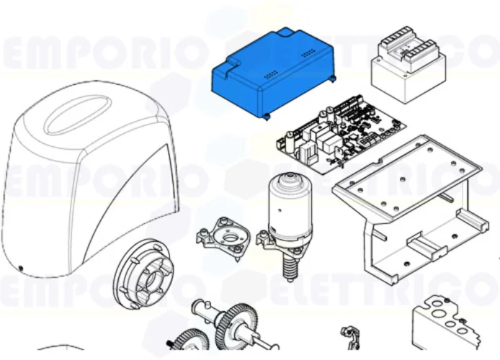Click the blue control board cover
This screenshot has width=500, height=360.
(x=270, y=72)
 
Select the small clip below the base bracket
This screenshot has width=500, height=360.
(x=351, y=335)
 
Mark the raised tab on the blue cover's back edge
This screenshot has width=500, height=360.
(x=285, y=32)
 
